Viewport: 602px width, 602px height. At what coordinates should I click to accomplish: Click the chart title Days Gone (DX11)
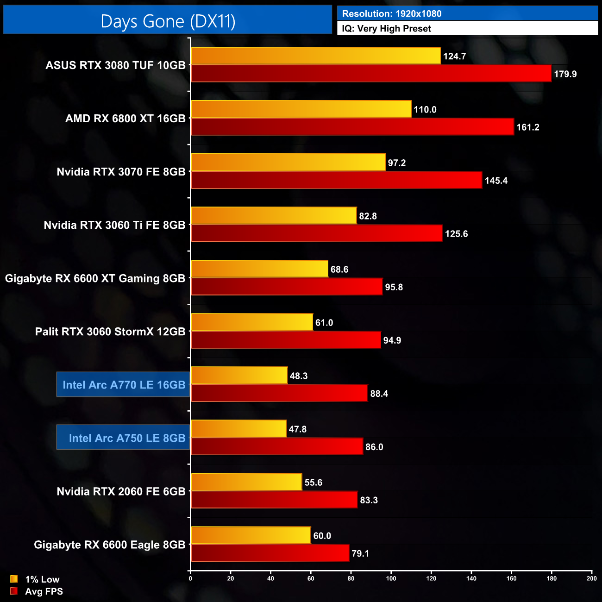click(x=168, y=21)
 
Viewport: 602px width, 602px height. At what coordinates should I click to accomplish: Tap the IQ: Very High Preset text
click(x=386, y=29)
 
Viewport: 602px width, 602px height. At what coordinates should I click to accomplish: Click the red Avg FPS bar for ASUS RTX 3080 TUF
click(x=370, y=74)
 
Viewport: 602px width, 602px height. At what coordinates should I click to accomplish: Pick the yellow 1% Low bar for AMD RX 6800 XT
click(x=301, y=109)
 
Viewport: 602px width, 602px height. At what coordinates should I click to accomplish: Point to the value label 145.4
click(x=496, y=181)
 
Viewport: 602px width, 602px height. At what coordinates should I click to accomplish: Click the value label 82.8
click(x=368, y=216)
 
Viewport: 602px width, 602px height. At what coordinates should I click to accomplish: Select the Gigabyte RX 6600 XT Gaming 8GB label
click(x=95, y=278)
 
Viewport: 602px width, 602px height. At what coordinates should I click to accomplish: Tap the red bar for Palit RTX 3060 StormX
click(x=286, y=340)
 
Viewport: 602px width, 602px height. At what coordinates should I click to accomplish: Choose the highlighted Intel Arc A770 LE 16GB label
click(x=124, y=385)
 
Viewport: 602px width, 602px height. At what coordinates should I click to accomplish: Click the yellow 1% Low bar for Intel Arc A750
click(x=238, y=429)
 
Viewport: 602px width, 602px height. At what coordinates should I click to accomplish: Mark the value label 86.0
click(x=374, y=447)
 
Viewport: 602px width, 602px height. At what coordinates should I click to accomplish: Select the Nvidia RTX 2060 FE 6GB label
click(x=121, y=491)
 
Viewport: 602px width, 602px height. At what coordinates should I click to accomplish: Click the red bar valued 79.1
click(x=270, y=553)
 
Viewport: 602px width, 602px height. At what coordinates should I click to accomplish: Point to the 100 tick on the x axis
click(x=391, y=578)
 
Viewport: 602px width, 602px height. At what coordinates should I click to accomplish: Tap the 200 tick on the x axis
click(x=591, y=578)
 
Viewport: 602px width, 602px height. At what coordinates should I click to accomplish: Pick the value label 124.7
click(x=454, y=56)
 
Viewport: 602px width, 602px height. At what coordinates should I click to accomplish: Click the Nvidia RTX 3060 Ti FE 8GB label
click(x=114, y=225)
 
